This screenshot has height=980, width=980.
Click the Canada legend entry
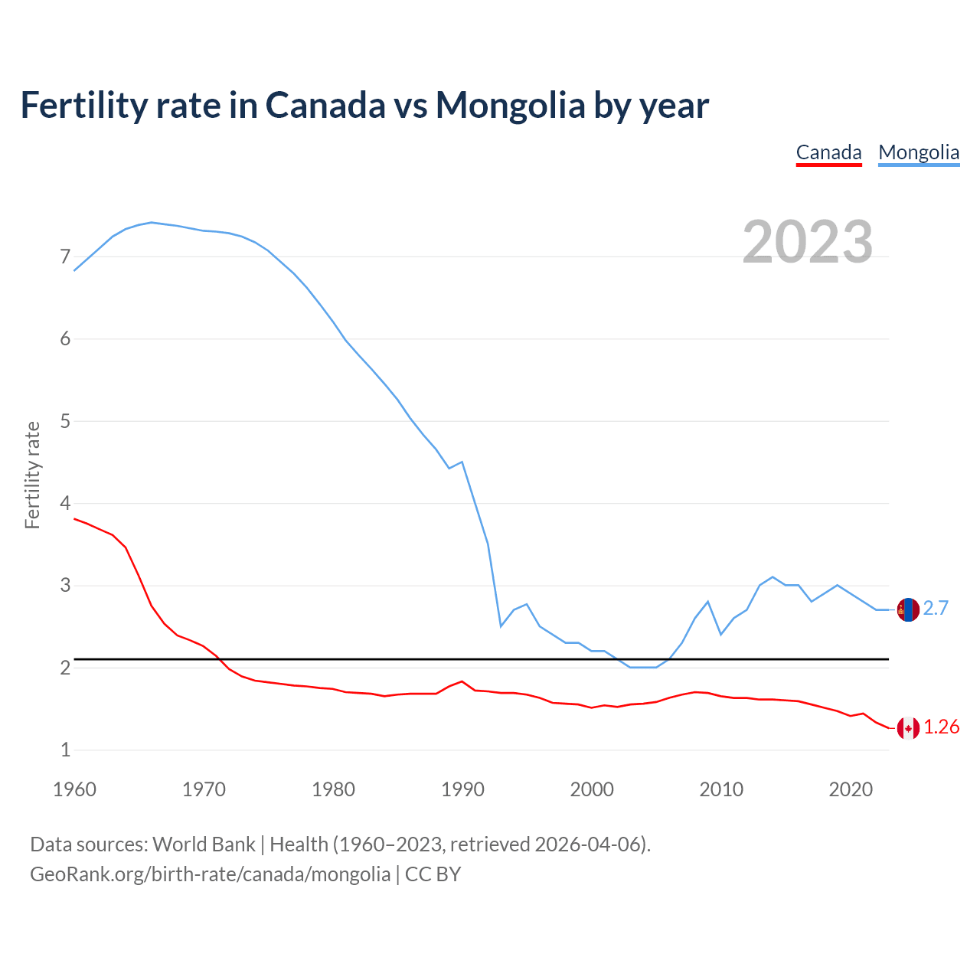[828, 152]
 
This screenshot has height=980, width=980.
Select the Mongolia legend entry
[919, 152]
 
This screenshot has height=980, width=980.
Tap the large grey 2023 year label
[808, 242]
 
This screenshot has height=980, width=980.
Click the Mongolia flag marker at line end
[908, 609]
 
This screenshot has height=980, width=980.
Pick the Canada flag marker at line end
[908, 728]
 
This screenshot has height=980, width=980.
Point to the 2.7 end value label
[936, 608]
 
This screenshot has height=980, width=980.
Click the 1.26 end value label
[941, 727]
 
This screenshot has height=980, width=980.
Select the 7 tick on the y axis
[65, 256]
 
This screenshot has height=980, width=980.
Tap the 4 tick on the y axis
[65, 503]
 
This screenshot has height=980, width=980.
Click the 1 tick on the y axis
[65, 750]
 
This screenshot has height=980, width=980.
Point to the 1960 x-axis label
[74, 789]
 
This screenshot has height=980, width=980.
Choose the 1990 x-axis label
[462, 789]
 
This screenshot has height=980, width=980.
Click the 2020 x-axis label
[851, 789]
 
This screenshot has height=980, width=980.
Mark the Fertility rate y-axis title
[32, 475]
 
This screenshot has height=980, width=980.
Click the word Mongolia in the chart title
[510, 105]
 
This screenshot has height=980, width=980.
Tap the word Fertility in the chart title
[83, 105]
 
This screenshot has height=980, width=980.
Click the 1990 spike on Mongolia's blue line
[462, 462]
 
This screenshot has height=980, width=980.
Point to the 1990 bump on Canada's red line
[462, 681]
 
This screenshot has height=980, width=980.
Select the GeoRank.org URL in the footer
[210, 874]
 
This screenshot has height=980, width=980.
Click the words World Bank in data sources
[204, 844]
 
